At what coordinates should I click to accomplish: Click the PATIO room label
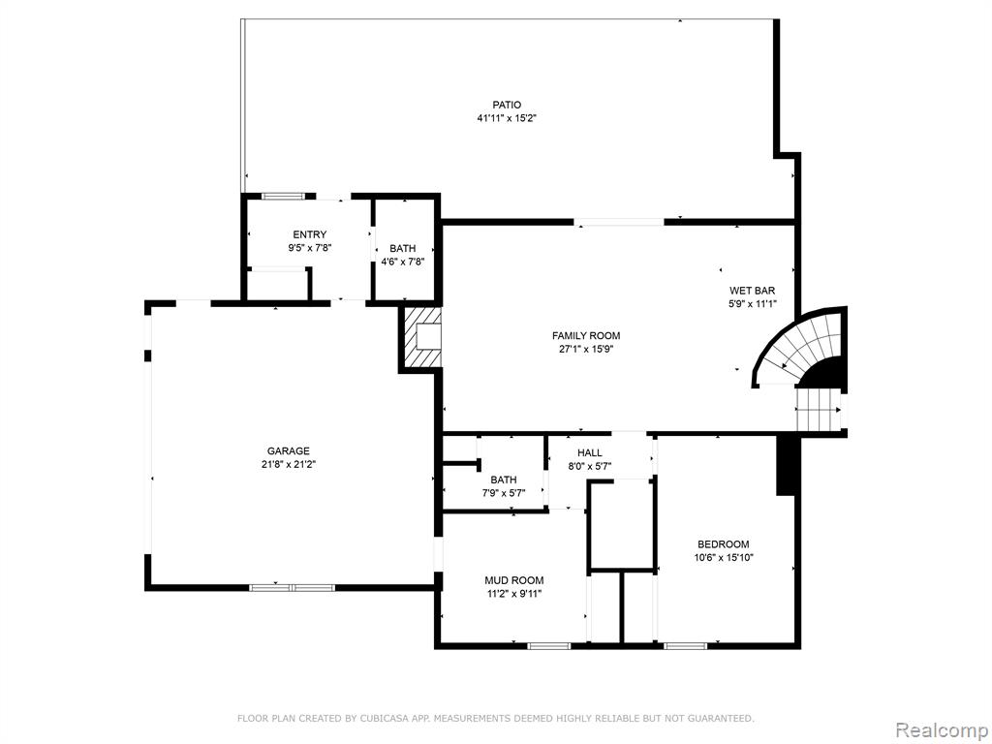point(507,105)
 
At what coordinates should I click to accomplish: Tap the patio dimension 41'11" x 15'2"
point(507,118)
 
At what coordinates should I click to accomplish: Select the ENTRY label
point(310,234)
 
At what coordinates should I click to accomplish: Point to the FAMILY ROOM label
point(586,336)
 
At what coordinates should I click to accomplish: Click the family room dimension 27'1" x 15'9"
point(586,349)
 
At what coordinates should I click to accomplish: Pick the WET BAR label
point(752,291)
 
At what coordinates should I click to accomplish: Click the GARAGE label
point(289,451)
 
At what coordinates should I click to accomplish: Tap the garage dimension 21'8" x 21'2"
point(289,464)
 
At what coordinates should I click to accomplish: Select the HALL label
point(590,453)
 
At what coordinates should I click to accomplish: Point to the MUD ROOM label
point(513,580)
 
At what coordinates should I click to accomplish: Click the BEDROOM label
point(723,544)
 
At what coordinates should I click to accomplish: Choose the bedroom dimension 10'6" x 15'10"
point(723,557)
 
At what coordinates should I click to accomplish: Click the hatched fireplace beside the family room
point(420,336)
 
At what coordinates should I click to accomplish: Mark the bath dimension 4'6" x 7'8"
point(402,262)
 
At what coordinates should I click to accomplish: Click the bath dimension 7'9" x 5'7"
point(504,493)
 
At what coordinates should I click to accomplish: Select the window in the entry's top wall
point(284,196)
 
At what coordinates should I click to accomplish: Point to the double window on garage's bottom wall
point(292,588)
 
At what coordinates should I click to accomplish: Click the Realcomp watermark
point(941,729)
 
